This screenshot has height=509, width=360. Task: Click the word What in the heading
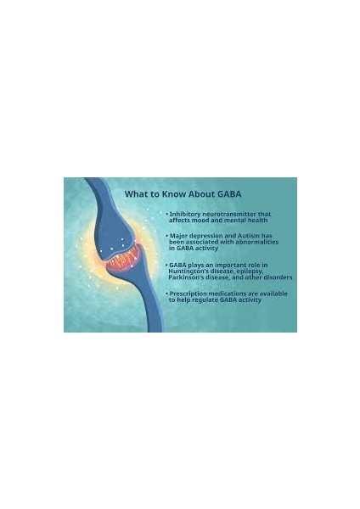pyautogui.click(x=138, y=193)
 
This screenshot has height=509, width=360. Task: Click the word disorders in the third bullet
pyautogui.click(x=277, y=277)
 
